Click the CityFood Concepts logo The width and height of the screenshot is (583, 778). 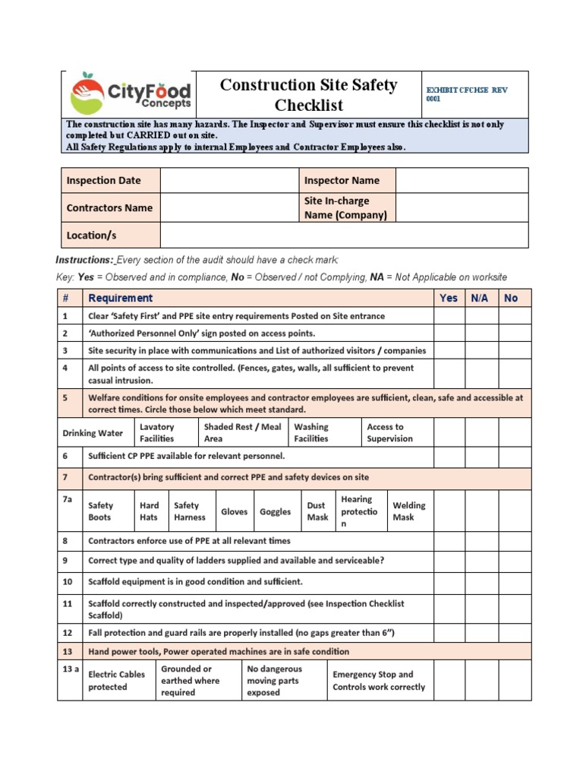click(130, 93)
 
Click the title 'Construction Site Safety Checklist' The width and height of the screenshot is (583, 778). click(308, 95)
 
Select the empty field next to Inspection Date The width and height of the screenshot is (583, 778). click(229, 181)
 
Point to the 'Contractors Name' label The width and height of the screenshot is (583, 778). click(109, 207)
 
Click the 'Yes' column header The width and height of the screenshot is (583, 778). click(449, 298)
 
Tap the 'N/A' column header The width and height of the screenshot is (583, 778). click(480, 298)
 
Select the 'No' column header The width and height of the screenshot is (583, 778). click(511, 298)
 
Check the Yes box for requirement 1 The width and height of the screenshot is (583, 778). click(449, 316)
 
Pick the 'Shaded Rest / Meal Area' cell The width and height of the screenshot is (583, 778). click(242, 433)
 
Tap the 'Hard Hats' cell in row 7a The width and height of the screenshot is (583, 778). click(150, 511)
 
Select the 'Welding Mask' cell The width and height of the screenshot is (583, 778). click(409, 511)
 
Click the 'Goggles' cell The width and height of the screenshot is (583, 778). click(275, 511)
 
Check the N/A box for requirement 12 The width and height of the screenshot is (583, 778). click(481, 633)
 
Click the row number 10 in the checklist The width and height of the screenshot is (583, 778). click(67, 581)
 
